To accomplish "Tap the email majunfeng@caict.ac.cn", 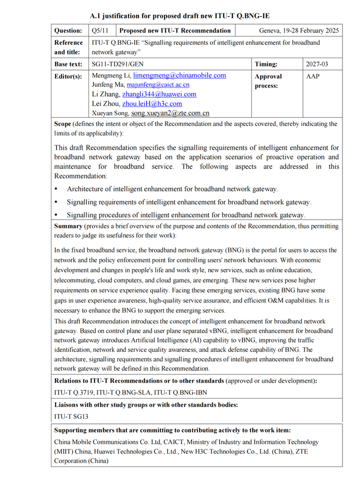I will [158, 85].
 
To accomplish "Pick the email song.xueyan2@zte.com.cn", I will [170, 113].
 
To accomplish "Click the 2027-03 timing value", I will [317, 64].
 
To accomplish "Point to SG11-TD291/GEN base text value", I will [117, 64].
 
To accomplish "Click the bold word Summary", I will [68, 226].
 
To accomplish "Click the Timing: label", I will [266, 64].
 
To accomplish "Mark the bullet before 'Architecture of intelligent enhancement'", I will [57, 189].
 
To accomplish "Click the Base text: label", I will [68, 64].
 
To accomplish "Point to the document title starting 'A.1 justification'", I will [179, 16].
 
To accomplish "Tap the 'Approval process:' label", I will [268, 81].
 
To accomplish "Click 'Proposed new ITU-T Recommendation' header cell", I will [175, 31].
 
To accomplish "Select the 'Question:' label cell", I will [68, 31].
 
